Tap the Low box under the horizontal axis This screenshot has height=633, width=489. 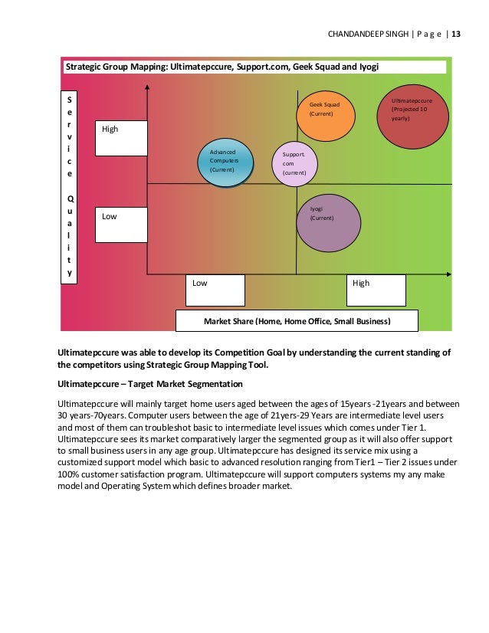click(216, 290)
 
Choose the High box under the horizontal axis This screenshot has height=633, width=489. click(376, 290)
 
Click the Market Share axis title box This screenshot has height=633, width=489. click(297, 321)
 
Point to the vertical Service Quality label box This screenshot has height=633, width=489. click(70, 188)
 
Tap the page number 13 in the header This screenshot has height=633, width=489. click(456, 34)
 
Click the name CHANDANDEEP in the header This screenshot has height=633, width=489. click(354, 34)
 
